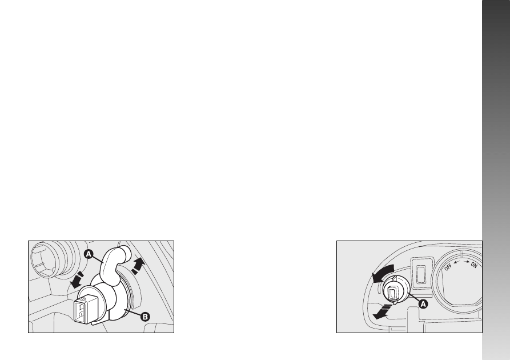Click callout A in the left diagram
pos(89,254)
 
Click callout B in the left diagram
pos(145,317)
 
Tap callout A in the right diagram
pos(423,304)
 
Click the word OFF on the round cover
pos(448,267)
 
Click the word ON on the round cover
pos(474,265)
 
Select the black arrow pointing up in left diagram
pos(138,266)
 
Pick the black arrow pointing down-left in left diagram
pos(77,280)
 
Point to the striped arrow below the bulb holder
pos(382,311)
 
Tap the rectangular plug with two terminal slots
pos(86,309)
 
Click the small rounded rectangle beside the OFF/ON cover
pos(421,274)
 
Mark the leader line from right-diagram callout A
pos(412,297)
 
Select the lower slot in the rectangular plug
pos(81,315)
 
